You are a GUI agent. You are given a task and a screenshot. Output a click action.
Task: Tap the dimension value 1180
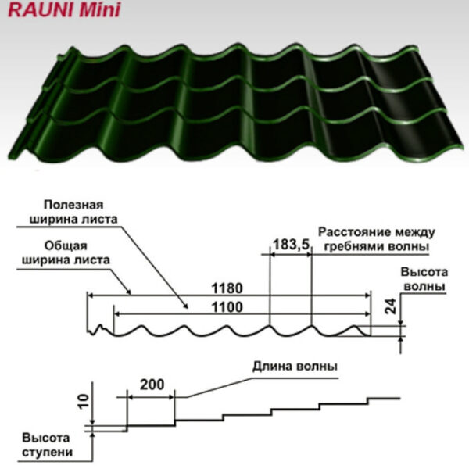pos(225,286)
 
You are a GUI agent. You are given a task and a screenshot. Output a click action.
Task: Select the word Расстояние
pos(356,232)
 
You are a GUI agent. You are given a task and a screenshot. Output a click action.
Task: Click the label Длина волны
pos(295,365)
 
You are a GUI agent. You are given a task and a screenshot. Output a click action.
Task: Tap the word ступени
pos(48,452)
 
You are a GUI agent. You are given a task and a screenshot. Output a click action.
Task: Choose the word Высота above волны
pos(422,272)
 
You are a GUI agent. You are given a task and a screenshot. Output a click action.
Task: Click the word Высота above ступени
pos(46,438)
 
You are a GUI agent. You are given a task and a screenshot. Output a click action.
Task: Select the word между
pos(415,232)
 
